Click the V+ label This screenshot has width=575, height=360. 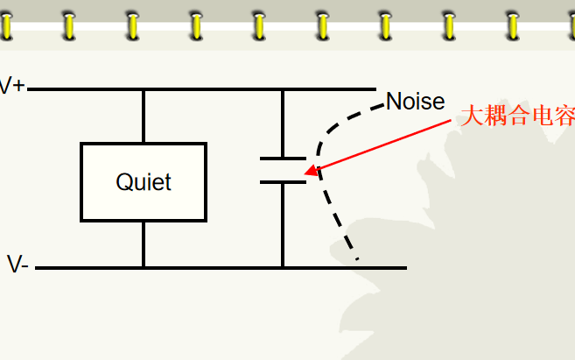click(12, 86)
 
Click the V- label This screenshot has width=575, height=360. click(18, 264)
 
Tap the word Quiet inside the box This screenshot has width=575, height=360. click(144, 182)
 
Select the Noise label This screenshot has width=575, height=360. click(416, 101)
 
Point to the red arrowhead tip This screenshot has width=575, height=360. click(305, 173)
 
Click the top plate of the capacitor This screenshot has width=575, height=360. click(283, 159)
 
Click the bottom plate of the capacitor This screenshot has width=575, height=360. click(283, 182)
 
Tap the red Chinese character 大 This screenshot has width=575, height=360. click(472, 116)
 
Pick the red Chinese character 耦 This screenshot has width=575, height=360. click(495, 116)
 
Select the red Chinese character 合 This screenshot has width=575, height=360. click(519, 116)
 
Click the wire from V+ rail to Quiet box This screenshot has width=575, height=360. click(144, 116)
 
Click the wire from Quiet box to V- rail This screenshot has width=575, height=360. click(144, 244)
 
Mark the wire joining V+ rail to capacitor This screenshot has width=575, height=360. click(283, 124)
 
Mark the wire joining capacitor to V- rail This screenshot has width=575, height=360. click(283, 225)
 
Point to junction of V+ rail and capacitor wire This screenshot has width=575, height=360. click(283, 89)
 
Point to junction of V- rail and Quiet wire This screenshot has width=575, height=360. click(144, 268)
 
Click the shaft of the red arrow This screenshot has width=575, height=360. click(384, 145)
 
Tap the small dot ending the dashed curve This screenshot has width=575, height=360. click(357, 259)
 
